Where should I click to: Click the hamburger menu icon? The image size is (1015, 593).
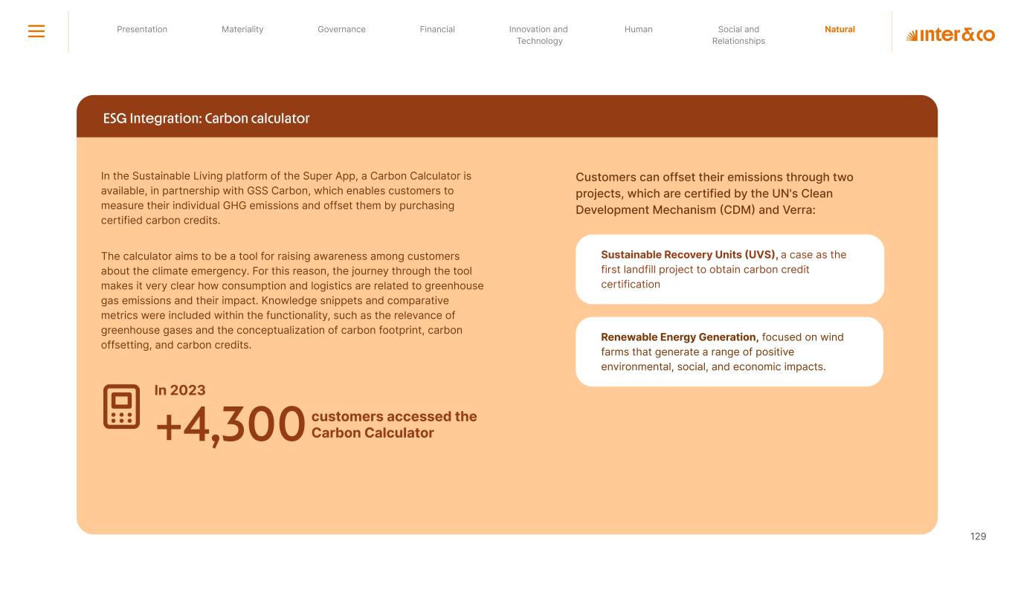(x=36, y=31)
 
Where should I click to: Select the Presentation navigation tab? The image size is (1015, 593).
(x=142, y=30)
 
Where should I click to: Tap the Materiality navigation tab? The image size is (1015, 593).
(x=242, y=30)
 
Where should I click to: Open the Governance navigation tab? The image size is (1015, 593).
(x=341, y=30)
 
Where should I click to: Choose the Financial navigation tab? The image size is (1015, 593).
(x=437, y=30)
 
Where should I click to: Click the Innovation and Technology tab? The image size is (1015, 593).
(x=538, y=35)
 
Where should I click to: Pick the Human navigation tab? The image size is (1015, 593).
(x=638, y=30)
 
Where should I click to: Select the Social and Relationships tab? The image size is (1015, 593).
(x=738, y=35)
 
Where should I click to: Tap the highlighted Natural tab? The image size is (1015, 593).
(x=840, y=30)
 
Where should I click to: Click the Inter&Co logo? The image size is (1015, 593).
(x=950, y=35)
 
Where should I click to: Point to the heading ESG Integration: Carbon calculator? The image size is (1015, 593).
(x=206, y=119)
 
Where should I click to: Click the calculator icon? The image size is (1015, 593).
(x=121, y=406)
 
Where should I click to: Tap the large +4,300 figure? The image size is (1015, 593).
(x=230, y=426)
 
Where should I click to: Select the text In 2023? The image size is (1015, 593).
(x=180, y=390)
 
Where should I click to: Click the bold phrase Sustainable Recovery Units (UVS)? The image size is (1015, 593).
(x=689, y=255)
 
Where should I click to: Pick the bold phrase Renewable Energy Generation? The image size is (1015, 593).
(x=679, y=337)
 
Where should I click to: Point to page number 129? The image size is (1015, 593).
(x=978, y=537)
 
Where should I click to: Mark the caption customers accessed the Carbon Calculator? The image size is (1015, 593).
(x=393, y=424)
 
